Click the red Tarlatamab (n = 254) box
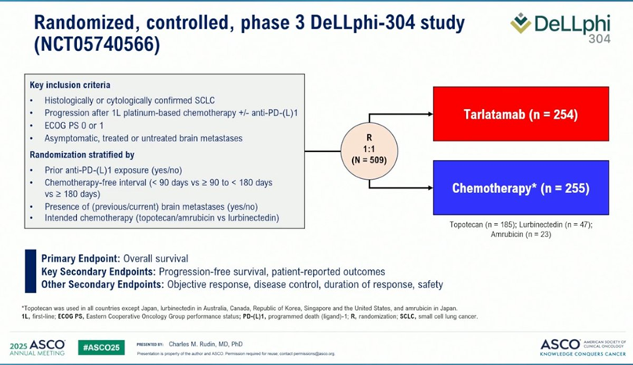[x=520, y=115]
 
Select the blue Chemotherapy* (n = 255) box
[x=520, y=188]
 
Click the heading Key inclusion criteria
[x=70, y=85]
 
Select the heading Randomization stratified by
[x=82, y=155]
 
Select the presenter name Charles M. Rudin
[x=202, y=344]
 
